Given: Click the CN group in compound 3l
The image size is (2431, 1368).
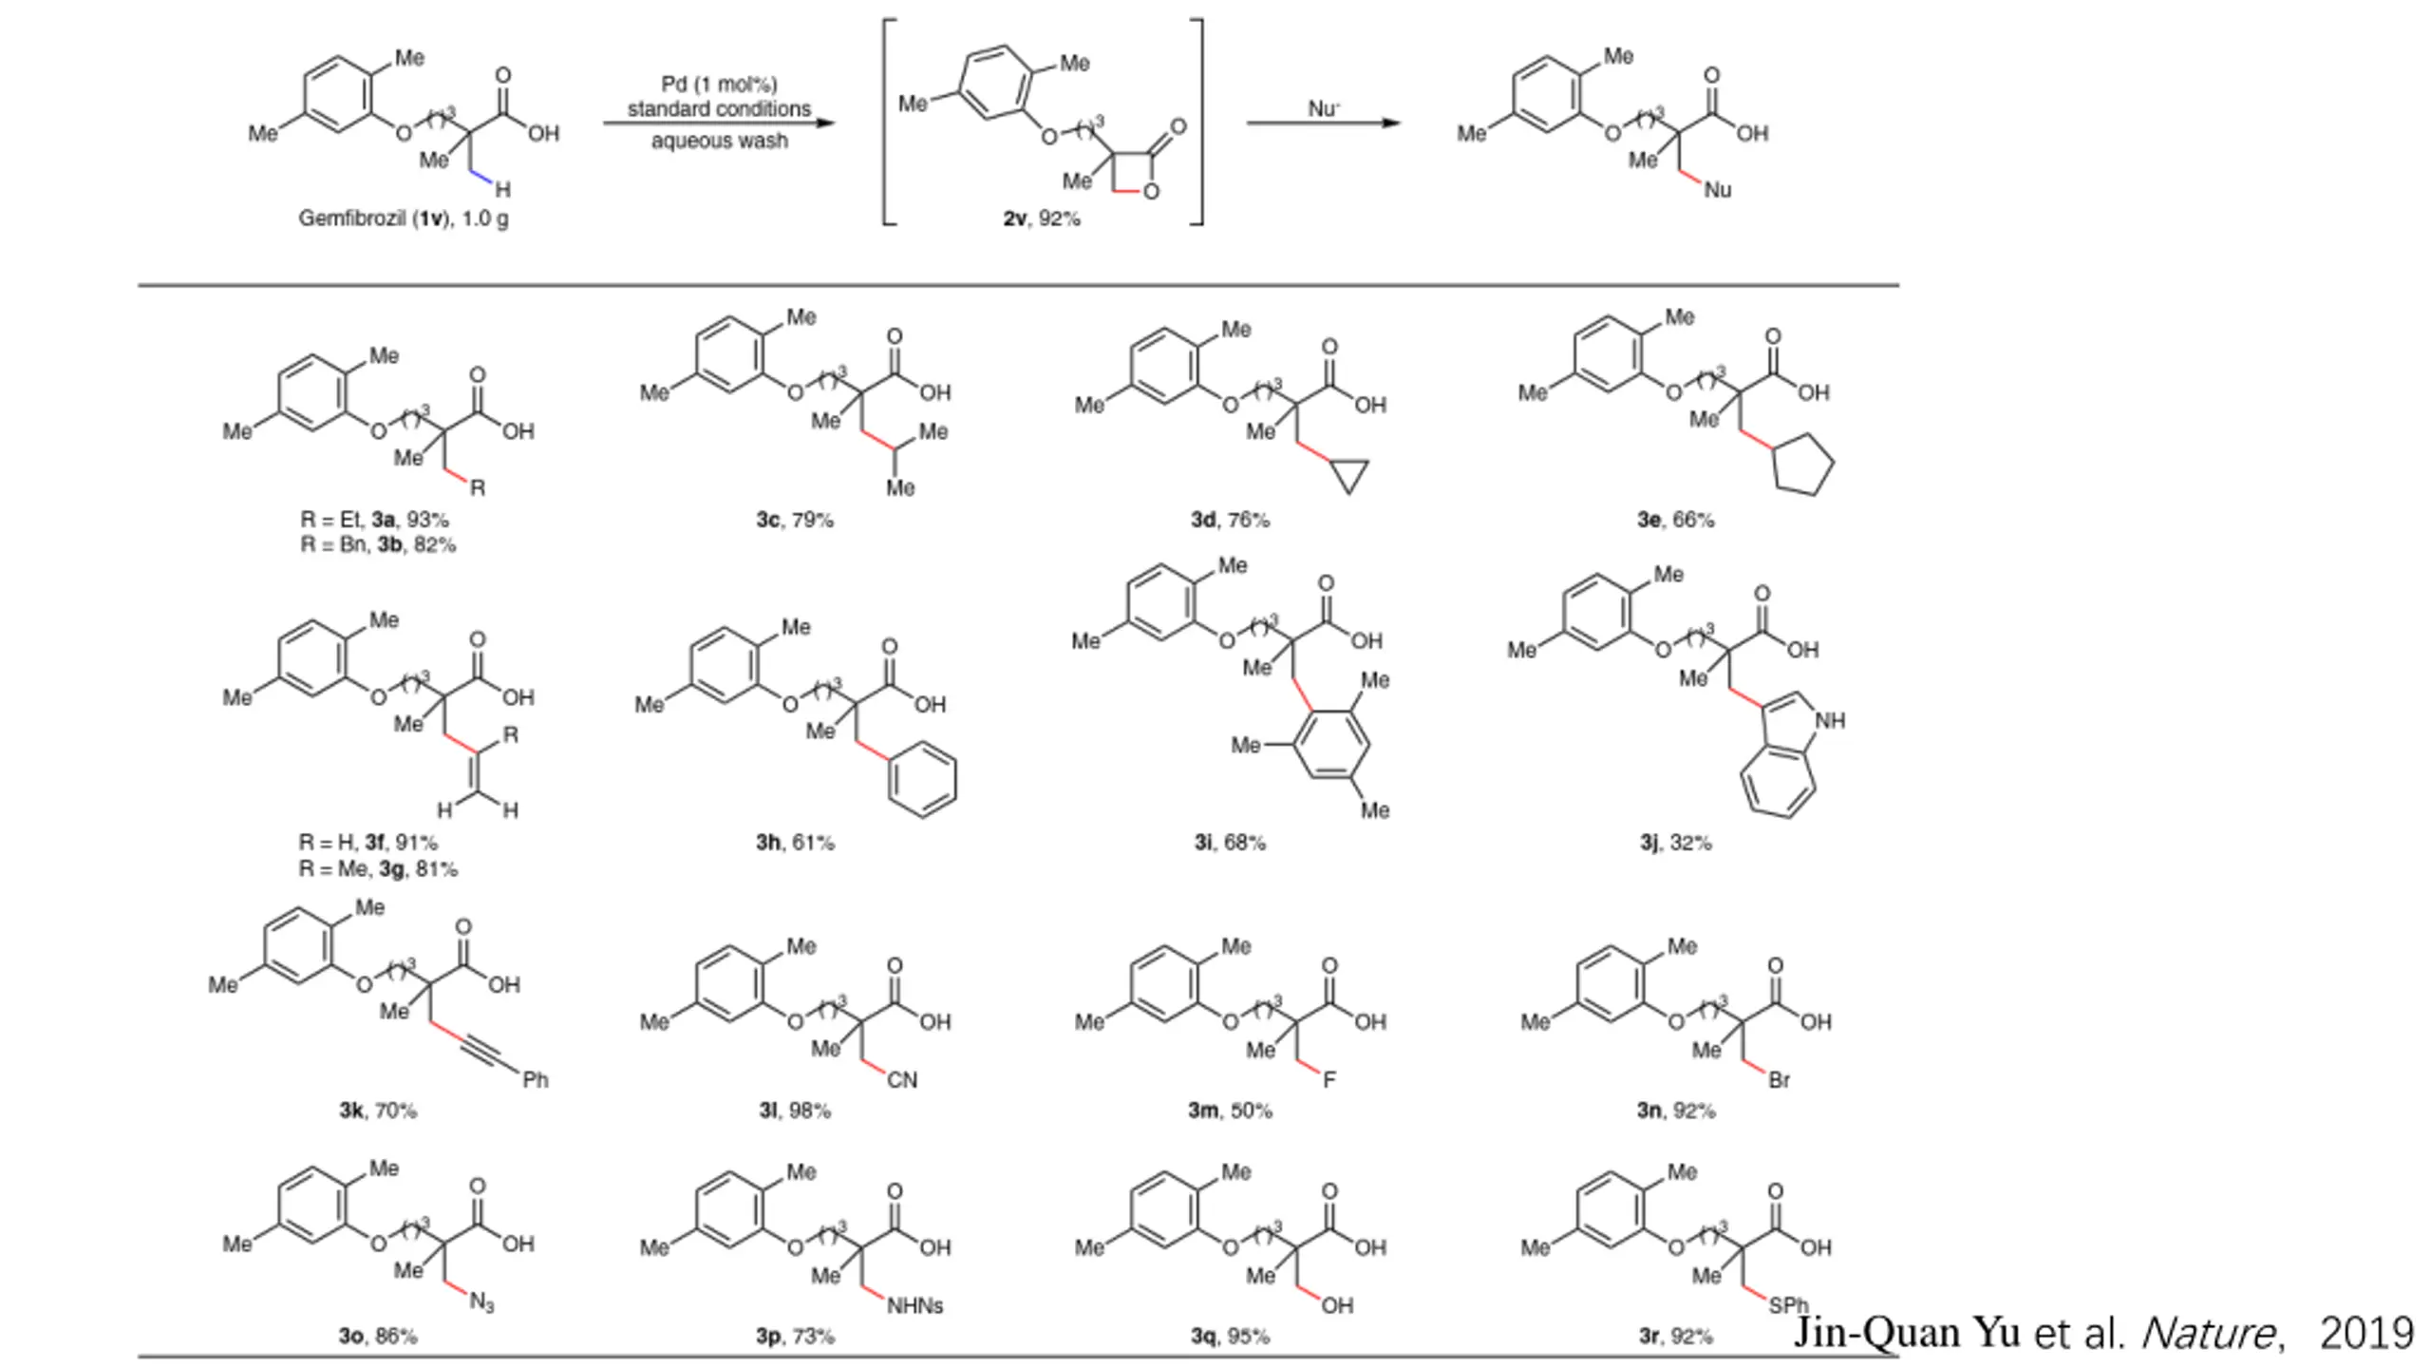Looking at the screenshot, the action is (x=901, y=1080).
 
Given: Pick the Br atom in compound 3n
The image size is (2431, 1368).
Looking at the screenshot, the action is (x=1779, y=1080).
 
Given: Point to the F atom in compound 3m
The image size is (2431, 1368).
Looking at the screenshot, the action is (x=1329, y=1080).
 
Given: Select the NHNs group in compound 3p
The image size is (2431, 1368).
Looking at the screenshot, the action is (x=914, y=1306).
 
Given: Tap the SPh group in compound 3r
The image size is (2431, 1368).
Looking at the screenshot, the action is (x=1788, y=1305).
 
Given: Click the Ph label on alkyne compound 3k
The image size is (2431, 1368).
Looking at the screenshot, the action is (x=536, y=1080).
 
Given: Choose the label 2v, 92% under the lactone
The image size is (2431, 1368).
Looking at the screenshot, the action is (x=1042, y=218).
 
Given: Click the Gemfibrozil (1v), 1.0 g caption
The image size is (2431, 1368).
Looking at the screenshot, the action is (x=404, y=218).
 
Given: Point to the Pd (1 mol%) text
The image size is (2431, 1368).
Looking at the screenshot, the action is (x=719, y=85).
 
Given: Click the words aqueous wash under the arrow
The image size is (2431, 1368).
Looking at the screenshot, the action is (x=719, y=142).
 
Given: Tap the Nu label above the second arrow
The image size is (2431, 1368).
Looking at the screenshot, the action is (x=1324, y=108).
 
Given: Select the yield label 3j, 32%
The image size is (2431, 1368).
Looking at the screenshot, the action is (x=1675, y=843).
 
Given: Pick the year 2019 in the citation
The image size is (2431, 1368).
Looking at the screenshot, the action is (x=2365, y=1333).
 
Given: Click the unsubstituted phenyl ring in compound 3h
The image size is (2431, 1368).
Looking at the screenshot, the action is (x=922, y=780).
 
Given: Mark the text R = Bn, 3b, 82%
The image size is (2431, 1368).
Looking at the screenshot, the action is (x=378, y=545).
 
